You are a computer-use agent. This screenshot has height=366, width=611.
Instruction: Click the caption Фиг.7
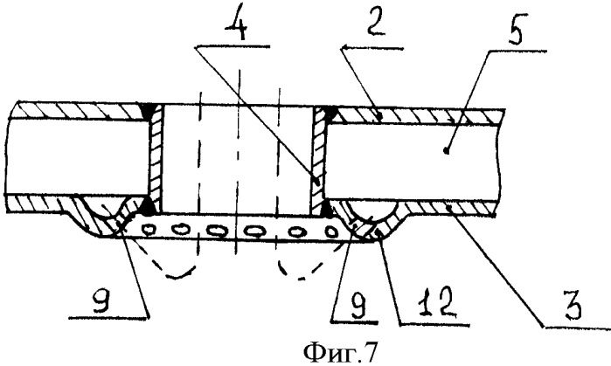[340, 353]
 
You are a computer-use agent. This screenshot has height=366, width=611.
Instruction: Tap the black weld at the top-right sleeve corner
[329, 113]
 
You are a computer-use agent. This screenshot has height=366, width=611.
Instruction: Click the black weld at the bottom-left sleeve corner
[149, 206]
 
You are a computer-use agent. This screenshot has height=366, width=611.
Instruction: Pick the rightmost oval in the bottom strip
[331, 232]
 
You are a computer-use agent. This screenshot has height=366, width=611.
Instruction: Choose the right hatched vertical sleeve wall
[318, 161]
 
